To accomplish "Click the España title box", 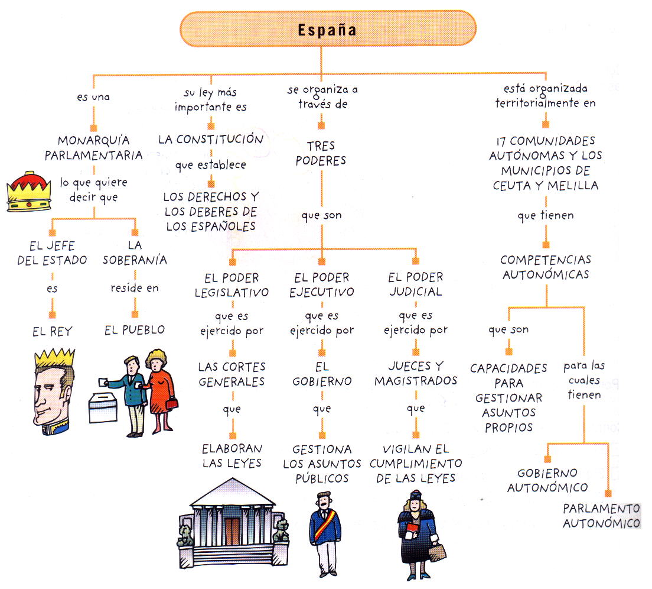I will (328, 29).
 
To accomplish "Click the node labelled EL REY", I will (52, 332).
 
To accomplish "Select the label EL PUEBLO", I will (135, 330).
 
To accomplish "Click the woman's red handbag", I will (171, 404).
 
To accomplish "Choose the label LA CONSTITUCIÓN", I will (211, 140).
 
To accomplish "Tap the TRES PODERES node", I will (321, 153).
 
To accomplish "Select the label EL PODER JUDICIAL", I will (416, 284).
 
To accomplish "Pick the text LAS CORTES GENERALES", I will (232, 374).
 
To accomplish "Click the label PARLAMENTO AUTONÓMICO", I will (601, 516).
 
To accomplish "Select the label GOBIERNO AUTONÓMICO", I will (547, 480).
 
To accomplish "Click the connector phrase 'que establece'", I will (211, 166).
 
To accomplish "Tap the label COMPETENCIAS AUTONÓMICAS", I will (545, 267).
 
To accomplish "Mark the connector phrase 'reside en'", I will (135, 288).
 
